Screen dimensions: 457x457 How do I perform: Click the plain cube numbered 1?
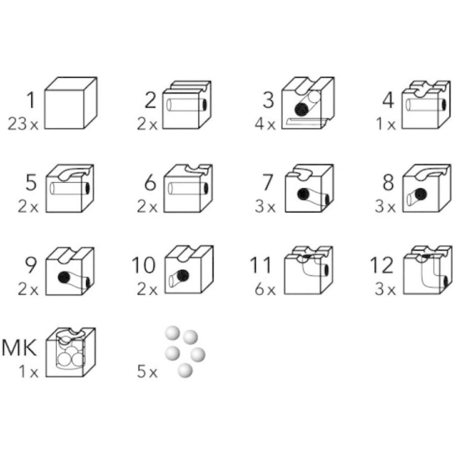[70, 104]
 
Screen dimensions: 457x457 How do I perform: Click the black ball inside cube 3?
[302, 109]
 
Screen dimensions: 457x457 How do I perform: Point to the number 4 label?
[388, 101]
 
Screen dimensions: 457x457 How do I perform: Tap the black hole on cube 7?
[304, 193]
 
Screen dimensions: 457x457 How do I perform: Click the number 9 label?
[31, 265]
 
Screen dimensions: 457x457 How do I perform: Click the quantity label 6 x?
[265, 290]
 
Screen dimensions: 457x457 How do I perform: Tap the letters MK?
[20, 348]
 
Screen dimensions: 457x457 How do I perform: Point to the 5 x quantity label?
[147, 373]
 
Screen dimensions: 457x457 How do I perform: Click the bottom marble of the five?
[185, 371]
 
